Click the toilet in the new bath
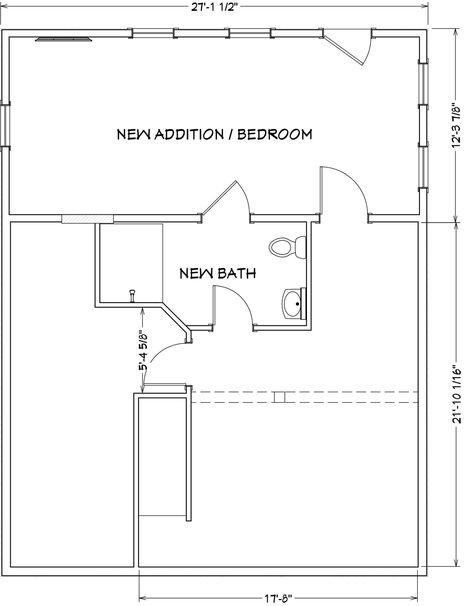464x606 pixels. click(287, 247)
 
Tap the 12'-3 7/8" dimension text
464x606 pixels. click(456, 125)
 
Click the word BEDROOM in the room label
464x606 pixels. click(275, 135)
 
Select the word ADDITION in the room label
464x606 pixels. click(189, 135)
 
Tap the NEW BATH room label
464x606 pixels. click(218, 274)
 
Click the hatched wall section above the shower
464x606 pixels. click(88, 219)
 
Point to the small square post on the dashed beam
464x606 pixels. click(280, 397)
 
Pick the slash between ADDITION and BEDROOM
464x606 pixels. click(231, 135)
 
